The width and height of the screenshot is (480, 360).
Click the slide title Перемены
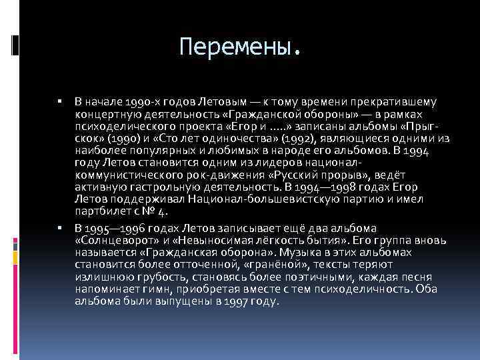tap(241, 46)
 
